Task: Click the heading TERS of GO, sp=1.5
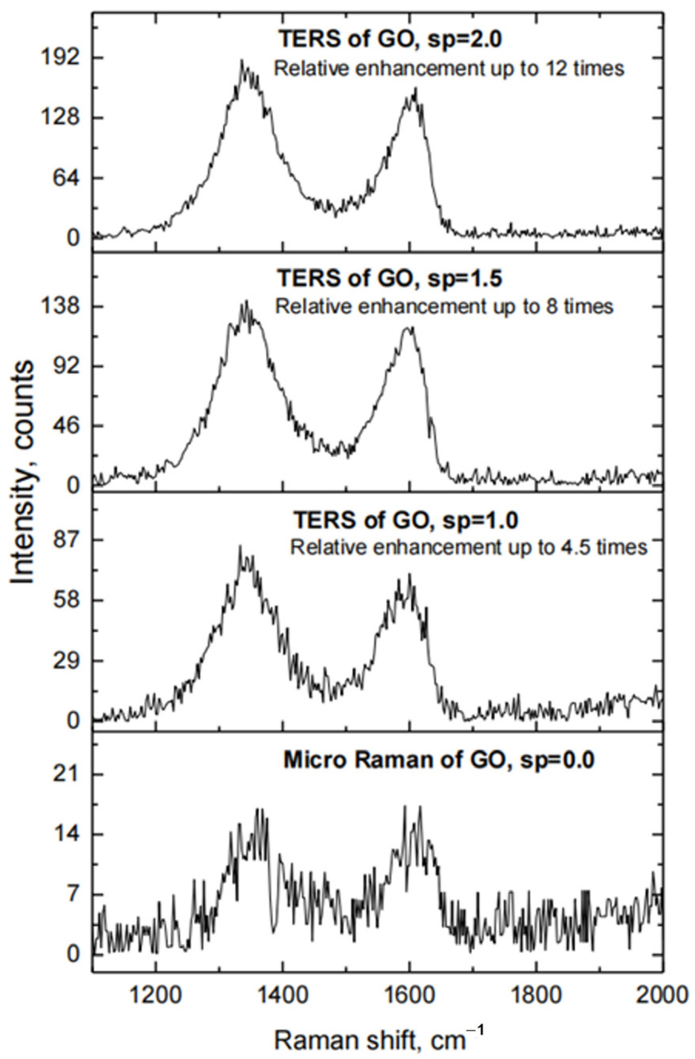390,279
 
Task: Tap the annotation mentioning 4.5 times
468,547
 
